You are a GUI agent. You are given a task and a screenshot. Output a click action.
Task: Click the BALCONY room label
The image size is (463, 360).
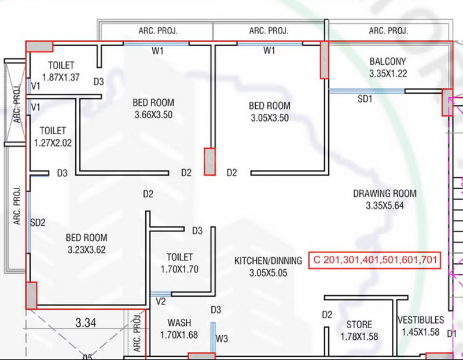tap(388, 61)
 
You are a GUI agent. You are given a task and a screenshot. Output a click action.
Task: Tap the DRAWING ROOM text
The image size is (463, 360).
tap(385, 193)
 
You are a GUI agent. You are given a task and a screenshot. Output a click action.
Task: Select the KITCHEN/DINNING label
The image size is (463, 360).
tap(268, 260)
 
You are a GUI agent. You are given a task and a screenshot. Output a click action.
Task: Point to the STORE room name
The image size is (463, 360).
tap(359, 325)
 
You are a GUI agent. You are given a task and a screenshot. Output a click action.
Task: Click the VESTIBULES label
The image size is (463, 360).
tap(421, 320)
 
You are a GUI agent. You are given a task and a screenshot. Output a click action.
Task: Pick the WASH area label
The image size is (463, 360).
tap(179, 322)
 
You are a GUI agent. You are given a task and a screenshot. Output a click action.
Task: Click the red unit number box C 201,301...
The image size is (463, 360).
tap(374, 260)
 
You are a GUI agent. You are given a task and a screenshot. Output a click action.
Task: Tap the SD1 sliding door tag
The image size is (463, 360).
tap(365, 98)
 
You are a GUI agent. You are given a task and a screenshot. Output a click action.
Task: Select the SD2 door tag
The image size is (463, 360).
tap(38, 222)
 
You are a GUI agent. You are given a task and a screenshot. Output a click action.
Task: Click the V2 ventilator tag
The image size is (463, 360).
tap(161, 302)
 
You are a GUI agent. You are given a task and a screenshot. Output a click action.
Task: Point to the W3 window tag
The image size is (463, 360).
tap(222, 339)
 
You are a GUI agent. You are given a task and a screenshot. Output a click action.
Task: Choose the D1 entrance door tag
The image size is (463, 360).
tap(452, 334)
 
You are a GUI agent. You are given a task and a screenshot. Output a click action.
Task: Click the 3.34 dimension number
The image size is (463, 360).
tap(86, 322)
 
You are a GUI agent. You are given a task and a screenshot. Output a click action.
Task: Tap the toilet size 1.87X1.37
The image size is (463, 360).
tap(61, 78)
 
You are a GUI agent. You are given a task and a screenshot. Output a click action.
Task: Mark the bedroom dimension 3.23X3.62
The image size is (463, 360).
tap(86, 250)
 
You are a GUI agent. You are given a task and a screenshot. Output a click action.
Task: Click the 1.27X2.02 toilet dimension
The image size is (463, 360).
tap(53, 143)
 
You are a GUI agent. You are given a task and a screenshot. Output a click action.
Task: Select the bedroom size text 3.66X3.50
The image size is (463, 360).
tap(153, 115)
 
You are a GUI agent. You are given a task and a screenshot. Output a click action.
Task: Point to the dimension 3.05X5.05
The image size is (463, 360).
tap(268, 273)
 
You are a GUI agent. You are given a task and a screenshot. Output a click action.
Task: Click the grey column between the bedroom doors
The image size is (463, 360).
tap(210, 162)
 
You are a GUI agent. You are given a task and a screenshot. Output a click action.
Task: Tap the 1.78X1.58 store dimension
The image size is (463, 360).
tap(359, 337)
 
